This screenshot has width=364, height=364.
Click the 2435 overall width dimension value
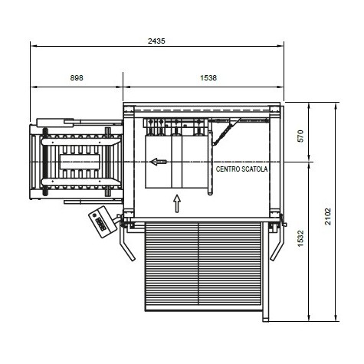coord(156,41)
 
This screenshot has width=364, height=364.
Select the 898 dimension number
coord(77,77)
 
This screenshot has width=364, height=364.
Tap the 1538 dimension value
coord(208,77)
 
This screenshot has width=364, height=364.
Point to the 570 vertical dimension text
coord(301,136)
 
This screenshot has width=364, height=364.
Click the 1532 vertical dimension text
coord(301,238)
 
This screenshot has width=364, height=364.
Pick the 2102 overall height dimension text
coord(328,217)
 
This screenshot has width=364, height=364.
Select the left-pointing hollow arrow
coord(159,162)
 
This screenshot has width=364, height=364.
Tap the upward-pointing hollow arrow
coord(177,204)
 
